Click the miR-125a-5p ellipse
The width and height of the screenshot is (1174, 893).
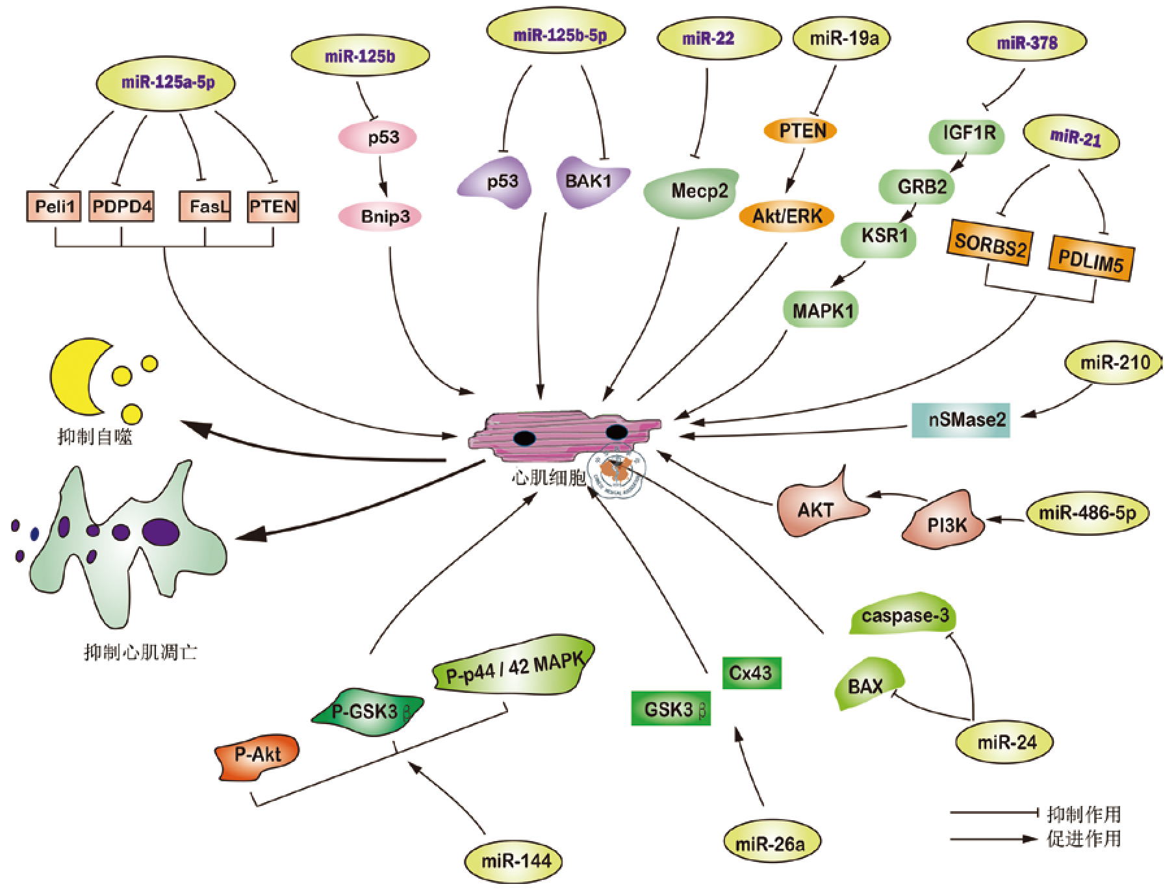[x=166, y=83]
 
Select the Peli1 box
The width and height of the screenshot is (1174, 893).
[x=54, y=207]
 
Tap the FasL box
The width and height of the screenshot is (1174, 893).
[x=205, y=207]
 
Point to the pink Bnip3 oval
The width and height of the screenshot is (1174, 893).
[x=380, y=216]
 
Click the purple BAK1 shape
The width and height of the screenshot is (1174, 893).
[x=590, y=181]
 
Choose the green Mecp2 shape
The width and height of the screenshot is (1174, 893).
[x=693, y=192]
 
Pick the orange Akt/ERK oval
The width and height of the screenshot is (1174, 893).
[x=787, y=216]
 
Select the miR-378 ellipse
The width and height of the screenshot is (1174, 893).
[x=1027, y=43]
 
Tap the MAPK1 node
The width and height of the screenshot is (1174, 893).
[x=821, y=310]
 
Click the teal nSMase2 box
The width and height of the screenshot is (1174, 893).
[x=961, y=420]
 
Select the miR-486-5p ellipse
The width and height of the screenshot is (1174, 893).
[x=1087, y=514]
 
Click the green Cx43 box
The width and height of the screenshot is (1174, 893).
[x=751, y=673]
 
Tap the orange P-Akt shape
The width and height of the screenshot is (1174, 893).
[x=257, y=755]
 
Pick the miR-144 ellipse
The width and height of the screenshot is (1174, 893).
[x=513, y=861]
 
